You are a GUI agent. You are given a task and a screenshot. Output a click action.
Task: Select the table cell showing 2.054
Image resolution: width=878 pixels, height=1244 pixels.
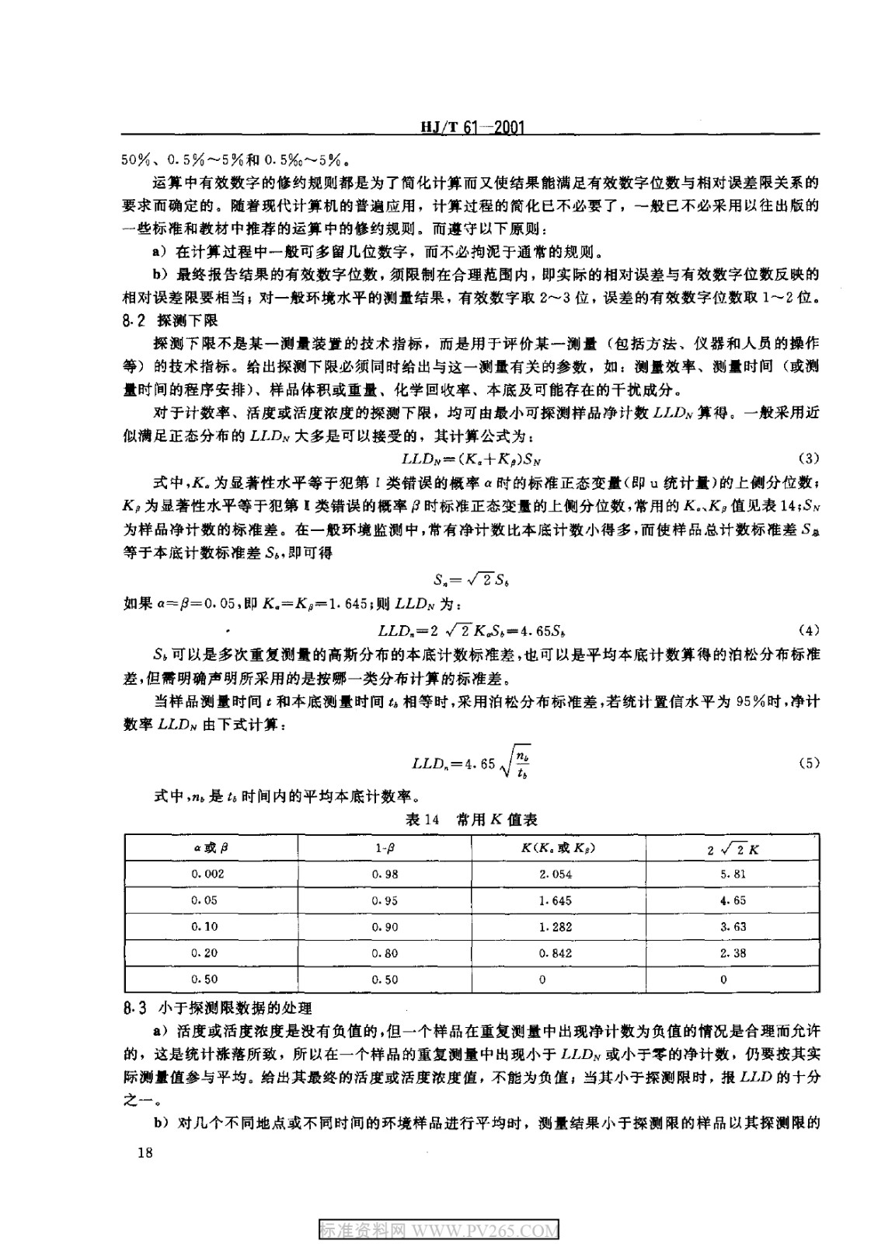point(555,874)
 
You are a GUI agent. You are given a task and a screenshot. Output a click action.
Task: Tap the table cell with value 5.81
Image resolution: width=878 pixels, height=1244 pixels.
point(733,874)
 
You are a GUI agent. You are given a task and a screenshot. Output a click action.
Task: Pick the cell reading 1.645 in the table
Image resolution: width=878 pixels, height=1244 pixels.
point(555,900)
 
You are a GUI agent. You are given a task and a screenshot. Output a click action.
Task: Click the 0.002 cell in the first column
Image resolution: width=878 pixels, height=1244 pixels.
point(207,874)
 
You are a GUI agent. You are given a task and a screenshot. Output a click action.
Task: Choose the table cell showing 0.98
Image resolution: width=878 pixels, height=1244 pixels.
point(385,874)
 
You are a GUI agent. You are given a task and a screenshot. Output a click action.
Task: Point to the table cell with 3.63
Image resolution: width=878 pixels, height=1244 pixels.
point(733,927)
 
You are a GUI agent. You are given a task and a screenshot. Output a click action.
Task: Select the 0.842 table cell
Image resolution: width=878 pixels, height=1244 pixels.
point(555,953)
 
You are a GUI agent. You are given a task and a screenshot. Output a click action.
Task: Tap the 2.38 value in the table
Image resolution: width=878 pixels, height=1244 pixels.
point(733,953)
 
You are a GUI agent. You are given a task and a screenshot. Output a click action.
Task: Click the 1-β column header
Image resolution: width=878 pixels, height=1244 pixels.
point(385,848)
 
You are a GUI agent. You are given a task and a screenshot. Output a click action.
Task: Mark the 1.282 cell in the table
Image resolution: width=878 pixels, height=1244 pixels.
point(555,927)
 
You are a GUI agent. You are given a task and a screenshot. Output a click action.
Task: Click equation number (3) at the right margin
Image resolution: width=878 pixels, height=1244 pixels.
point(809,458)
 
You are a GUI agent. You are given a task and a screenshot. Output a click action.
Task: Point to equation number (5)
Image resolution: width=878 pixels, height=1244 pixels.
point(809,764)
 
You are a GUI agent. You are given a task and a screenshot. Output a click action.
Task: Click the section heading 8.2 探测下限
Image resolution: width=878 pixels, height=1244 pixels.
point(170,320)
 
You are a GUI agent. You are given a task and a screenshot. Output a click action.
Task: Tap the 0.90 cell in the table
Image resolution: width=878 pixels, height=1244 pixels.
point(385,927)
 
